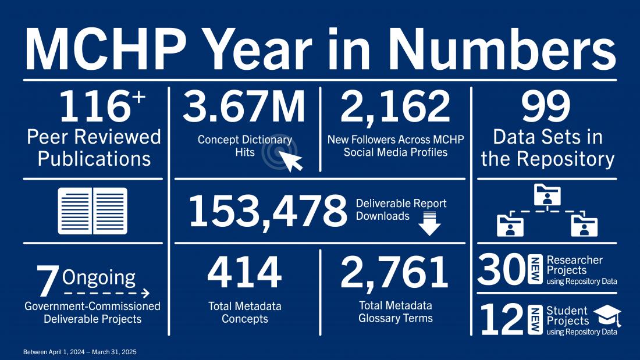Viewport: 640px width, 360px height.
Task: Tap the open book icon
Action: click(x=93, y=211)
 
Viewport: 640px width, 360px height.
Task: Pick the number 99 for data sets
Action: click(x=546, y=107)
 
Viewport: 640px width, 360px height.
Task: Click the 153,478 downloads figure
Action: click(x=267, y=211)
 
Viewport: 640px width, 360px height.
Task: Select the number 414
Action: click(x=244, y=273)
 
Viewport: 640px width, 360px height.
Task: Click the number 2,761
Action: click(x=395, y=273)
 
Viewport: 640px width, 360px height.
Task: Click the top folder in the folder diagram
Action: click(x=546, y=194)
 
